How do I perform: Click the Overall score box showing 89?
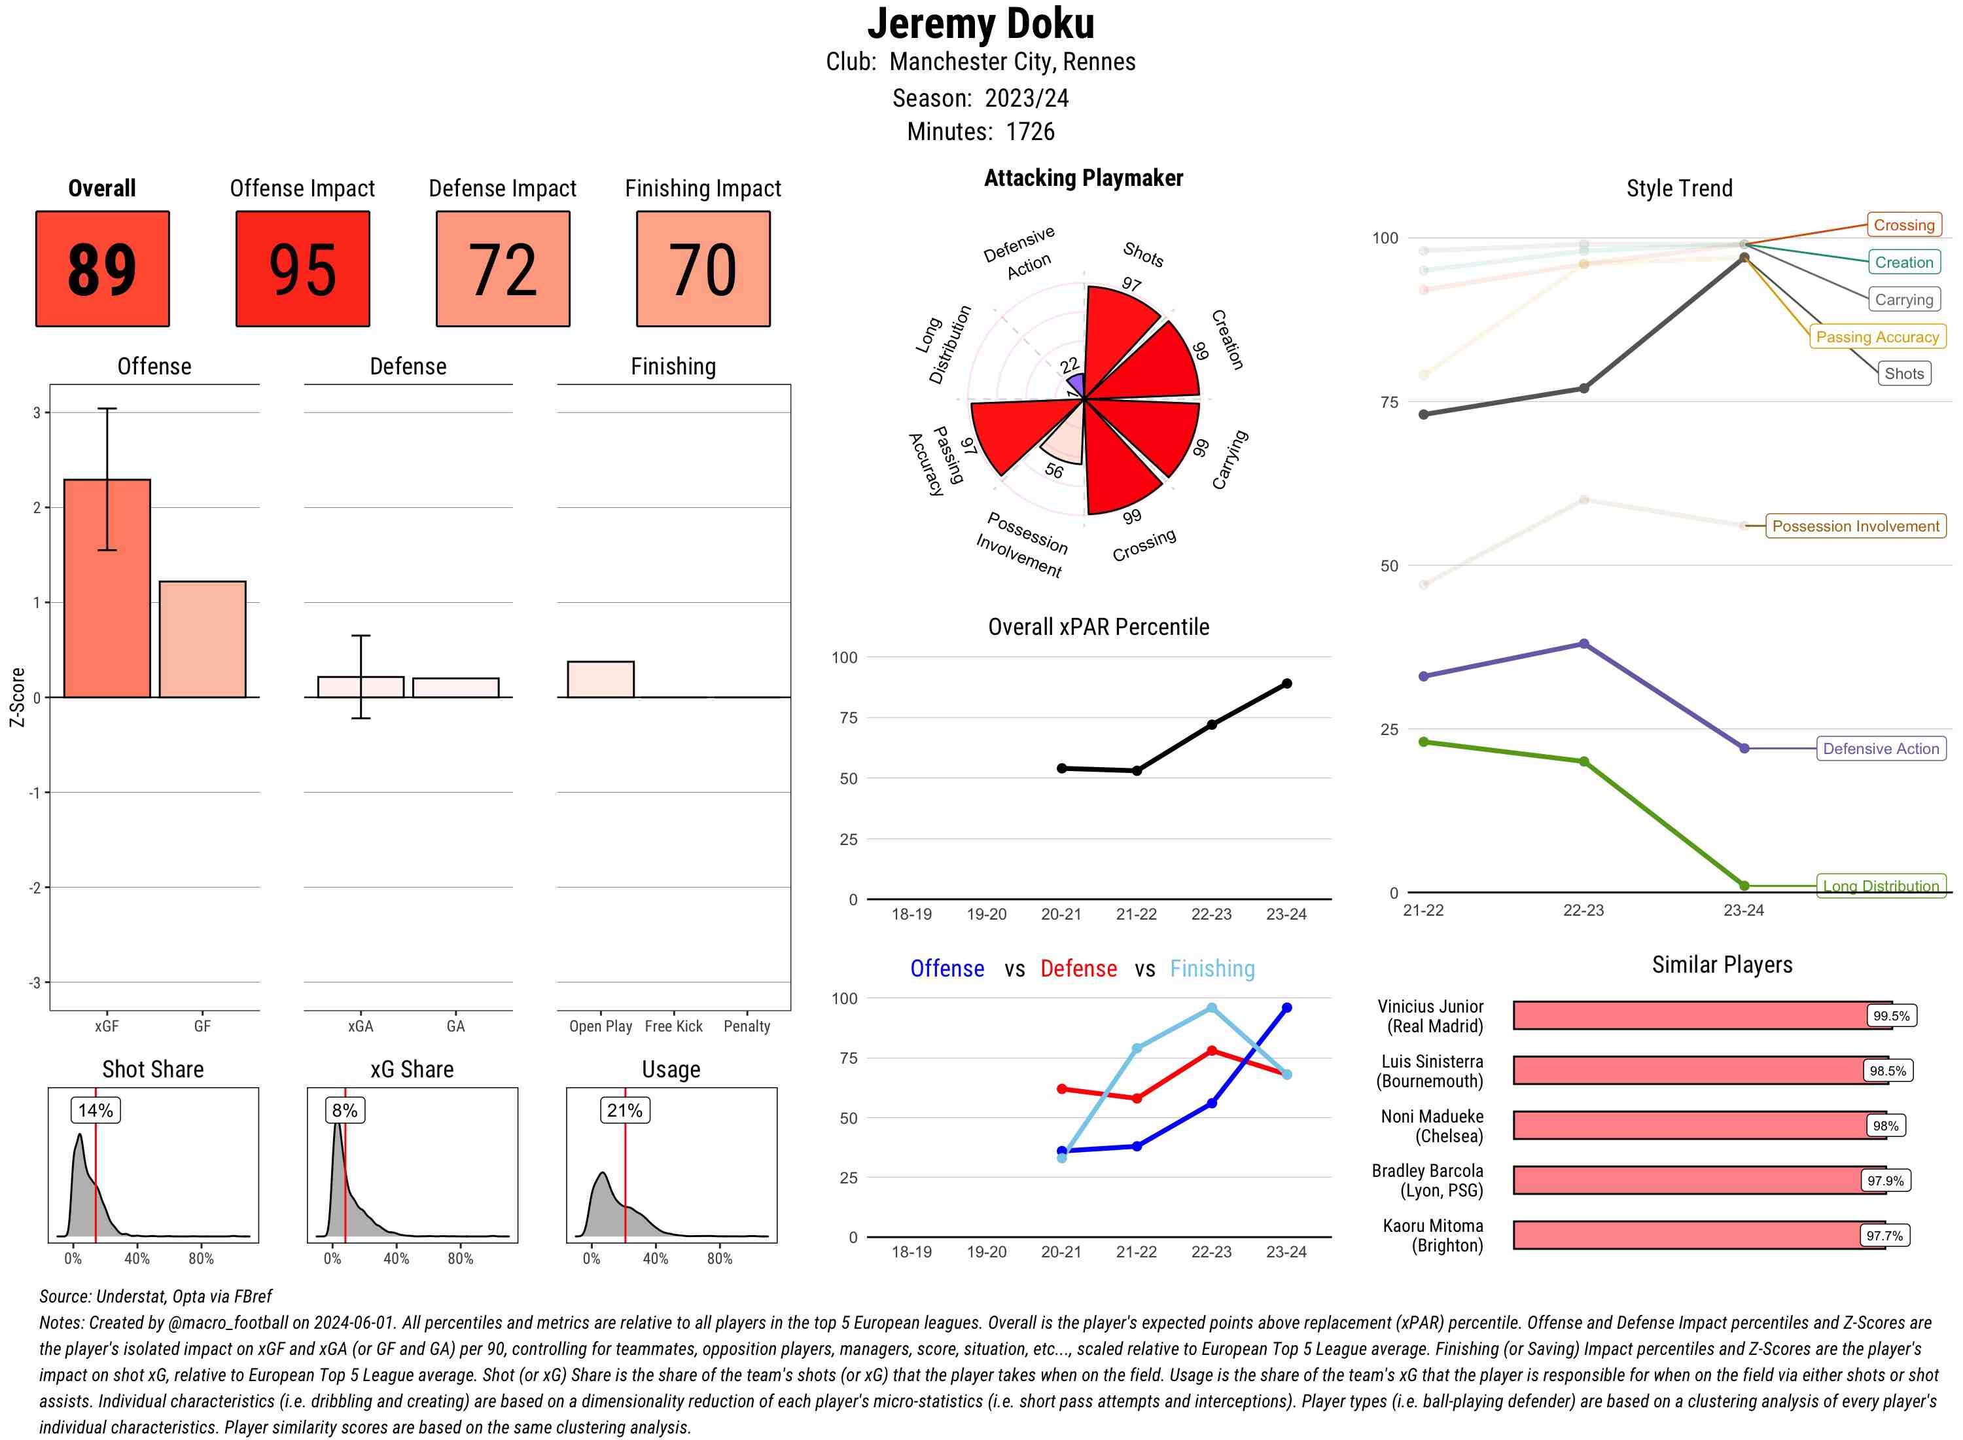tap(102, 268)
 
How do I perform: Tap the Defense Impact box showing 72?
tap(503, 268)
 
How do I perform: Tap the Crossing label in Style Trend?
tap(1903, 225)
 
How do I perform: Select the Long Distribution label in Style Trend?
tap(1881, 886)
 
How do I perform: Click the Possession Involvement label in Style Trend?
tap(1855, 526)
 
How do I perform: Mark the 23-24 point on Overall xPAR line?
tap(1286, 683)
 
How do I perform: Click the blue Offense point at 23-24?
tap(1286, 1007)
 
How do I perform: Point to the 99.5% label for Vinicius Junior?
tap(1890, 1015)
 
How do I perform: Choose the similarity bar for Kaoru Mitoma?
tap(1699, 1235)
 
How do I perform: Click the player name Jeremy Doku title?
tap(980, 24)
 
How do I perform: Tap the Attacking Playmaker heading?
tap(1083, 178)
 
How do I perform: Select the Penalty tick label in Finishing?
tap(747, 1026)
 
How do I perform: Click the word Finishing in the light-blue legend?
tap(1212, 969)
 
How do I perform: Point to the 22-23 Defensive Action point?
tap(1583, 644)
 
